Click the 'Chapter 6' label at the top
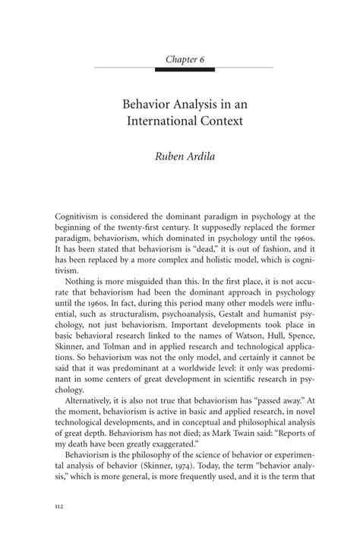179,58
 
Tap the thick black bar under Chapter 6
179,71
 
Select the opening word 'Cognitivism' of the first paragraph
79,216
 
